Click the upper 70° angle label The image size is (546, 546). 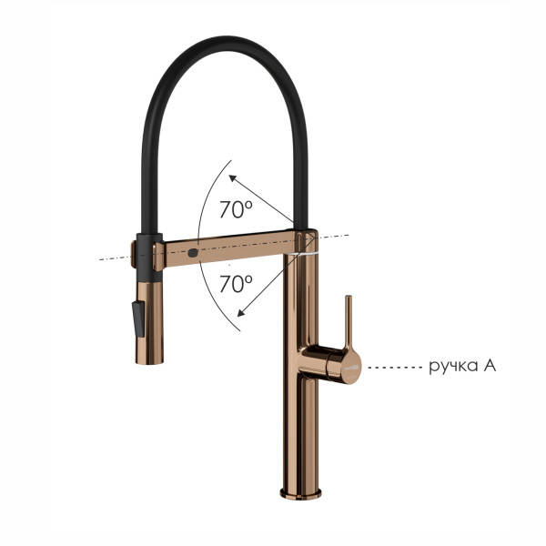pyautogui.click(x=236, y=209)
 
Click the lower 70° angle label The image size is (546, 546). pyautogui.click(x=236, y=283)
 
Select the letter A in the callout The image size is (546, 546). pyautogui.click(x=490, y=365)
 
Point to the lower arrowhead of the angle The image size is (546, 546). pyautogui.click(x=240, y=313)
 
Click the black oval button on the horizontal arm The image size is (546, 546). pyautogui.click(x=193, y=253)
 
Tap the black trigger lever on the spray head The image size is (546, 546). pyautogui.click(x=138, y=318)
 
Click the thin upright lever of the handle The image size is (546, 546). pyautogui.click(x=348, y=322)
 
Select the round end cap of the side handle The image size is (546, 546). pyautogui.click(x=349, y=366)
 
